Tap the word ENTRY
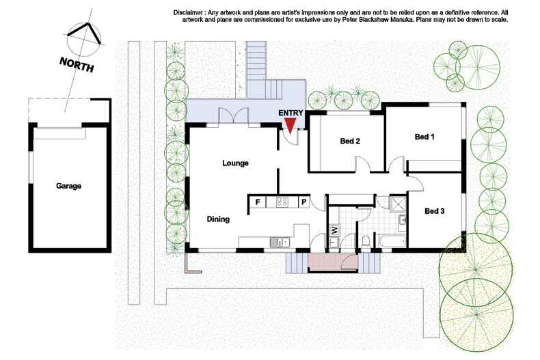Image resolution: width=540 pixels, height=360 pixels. point(291,113)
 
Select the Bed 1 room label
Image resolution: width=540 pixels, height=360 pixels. point(424,137)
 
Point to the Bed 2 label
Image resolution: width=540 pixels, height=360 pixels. point(350,142)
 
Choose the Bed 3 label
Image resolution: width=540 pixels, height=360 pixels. point(434,211)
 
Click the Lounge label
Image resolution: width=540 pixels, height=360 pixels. point(235,163)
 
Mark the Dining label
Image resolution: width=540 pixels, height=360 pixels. point(218,219)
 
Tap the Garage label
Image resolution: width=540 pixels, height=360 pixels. point(70,185)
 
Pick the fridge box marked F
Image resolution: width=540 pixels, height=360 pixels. point(258,202)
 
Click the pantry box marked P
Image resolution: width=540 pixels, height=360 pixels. point(303,202)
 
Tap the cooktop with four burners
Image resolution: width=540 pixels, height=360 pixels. point(282,202)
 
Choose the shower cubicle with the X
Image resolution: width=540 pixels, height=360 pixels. point(397,202)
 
